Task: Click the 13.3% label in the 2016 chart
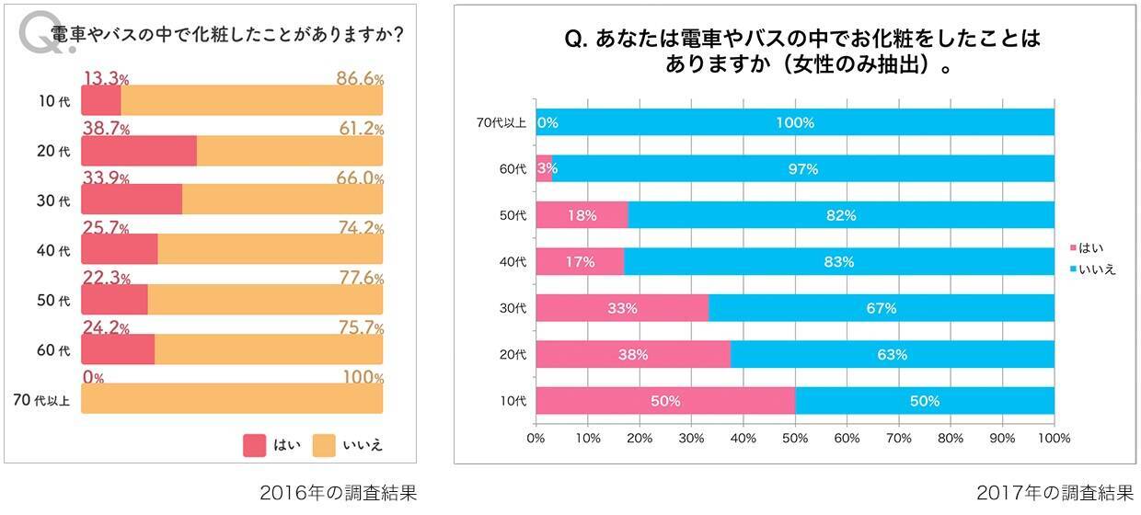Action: (x=107, y=78)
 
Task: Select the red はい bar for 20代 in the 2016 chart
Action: (x=139, y=151)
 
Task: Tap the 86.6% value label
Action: (x=360, y=78)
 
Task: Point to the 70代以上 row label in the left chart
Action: (x=41, y=399)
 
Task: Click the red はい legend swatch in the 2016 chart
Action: (x=254, y=445)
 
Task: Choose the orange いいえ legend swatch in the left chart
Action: (x=324, y=445)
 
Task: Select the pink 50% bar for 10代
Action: (x=664, y=401)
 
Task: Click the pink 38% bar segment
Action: (x=633, y=354)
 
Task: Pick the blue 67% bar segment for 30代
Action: (x=881, y=308)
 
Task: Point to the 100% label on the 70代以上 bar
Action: (x=794, y=122)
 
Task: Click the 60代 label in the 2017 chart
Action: (x=513, y=169)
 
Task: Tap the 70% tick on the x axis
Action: (x=898, y=439)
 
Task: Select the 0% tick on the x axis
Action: (x=536, y=439)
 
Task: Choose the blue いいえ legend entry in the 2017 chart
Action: (x=1092, y=269)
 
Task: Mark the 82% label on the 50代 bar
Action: (x=841, y=215)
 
